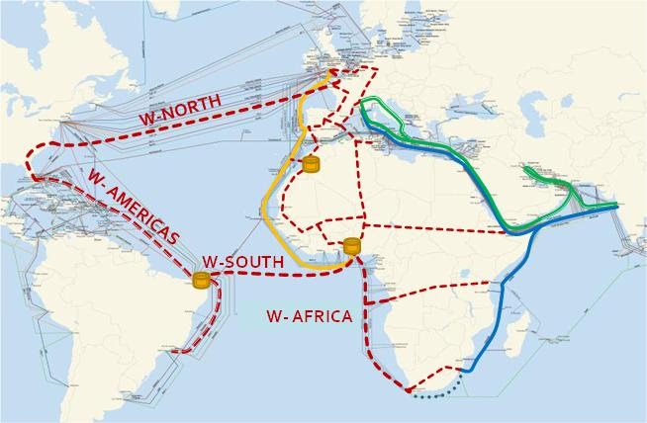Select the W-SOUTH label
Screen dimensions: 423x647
(x=243, y=261)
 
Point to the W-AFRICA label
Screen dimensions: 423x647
(x=309, y=317)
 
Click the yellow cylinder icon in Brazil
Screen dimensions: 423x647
(x=202, y=281)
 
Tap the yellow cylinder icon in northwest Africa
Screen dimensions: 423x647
(x=313, y=164)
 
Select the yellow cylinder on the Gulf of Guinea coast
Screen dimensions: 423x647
(x=351, y=247)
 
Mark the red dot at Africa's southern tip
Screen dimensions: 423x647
(x=408, y=392)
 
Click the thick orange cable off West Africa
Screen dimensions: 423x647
(x=265, y=212)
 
